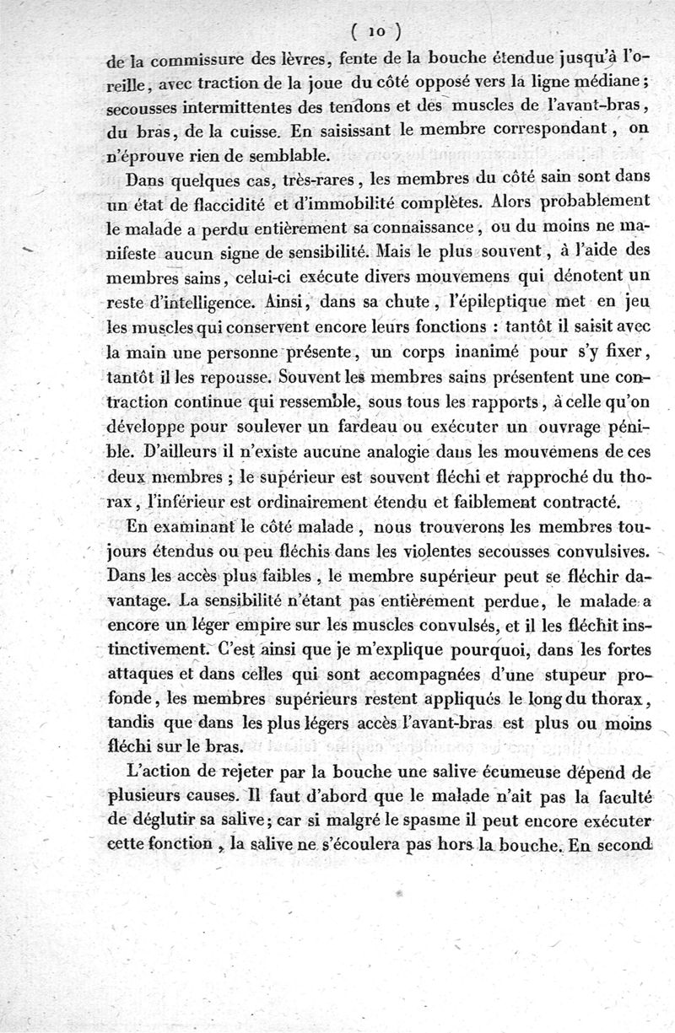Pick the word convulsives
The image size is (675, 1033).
[601, 552]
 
